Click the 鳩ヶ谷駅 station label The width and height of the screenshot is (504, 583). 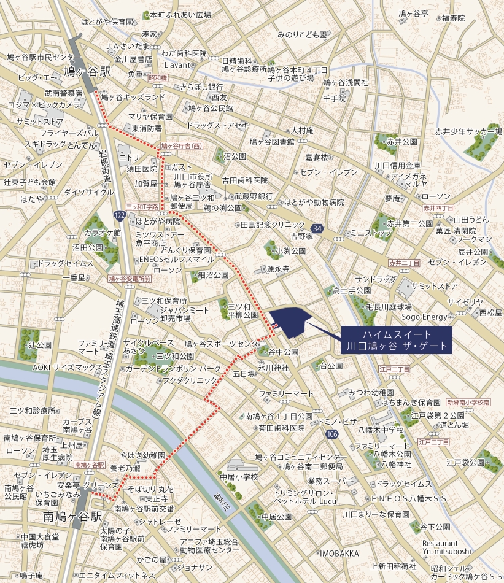point(88,72)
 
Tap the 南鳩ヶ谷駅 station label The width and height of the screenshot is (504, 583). point(72,517)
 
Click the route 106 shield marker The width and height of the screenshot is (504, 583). point(331,434)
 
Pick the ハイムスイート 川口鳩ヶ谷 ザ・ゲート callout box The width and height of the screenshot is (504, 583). point(397,340)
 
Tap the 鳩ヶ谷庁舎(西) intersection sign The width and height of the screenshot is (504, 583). point(181,146)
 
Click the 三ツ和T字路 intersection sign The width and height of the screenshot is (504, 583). point(142,207)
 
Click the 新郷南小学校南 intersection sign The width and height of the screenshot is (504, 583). point(468,402)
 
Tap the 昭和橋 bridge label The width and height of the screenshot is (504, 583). point(158,78)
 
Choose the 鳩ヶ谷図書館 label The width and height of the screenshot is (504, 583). point(272,142)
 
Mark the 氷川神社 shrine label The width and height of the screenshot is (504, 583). point(273,368)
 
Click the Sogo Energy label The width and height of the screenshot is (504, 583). point(424,317)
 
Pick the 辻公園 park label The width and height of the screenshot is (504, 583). point(39,345)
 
